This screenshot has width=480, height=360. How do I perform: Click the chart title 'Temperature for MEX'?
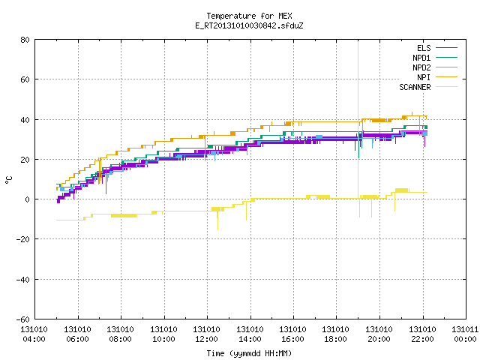click(249, 16)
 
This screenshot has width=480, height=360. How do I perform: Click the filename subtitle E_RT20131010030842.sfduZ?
click(249, 25)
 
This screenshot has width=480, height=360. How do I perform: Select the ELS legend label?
click(424, 48)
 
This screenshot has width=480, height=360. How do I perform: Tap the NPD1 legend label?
click(421, 58)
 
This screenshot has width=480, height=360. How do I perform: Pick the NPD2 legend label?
click(421, 67)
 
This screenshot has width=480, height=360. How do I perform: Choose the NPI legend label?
click(424, 77)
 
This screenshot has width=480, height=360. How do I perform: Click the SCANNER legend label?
click(415, 87)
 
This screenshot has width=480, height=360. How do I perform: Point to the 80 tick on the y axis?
click(25, 40)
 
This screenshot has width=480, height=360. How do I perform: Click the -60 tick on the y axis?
click(23, 319)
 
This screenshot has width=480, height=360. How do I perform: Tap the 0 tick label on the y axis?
click(28, 199)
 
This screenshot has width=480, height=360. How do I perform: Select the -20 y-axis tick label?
click(23, 239)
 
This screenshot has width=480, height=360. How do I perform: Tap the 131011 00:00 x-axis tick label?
click(465, 334)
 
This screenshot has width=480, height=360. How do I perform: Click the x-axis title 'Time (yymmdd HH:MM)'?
click(249, 353)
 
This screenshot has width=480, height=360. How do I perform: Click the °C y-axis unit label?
click(9, 180)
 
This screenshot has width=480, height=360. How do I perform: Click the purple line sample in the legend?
click(446, 48)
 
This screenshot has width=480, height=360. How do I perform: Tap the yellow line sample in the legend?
click(446, 87)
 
